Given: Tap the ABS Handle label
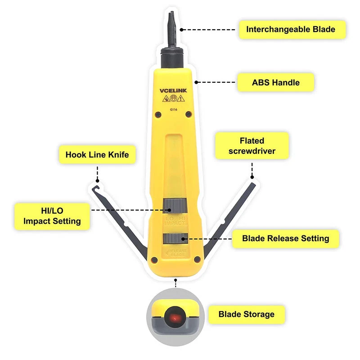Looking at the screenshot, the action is pyautogui.click(x=276, y=82).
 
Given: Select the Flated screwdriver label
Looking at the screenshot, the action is pyautogui.click(x=252, y=146).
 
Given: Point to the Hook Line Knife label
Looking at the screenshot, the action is pyautogui.click(x=97, y=154).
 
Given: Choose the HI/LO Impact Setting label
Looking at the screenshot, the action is pyautogui.click(x=52, y=216).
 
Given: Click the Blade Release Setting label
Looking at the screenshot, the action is pyautogui.click(x=286, y=238).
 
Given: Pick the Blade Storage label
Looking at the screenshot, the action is pyautogui.click(x=247, y=314).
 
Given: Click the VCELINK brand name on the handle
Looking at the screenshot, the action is pyautogui.click(x=173, y=91).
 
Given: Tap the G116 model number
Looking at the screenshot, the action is pyautogui.click(x=174, y=109).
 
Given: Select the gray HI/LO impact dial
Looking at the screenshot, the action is pyautogui.click(x=175, y=206).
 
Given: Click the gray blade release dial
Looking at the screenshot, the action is pyautogui.click(x=175, y=238).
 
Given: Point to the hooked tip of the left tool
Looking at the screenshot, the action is pyautogui.click(x=95, y=188).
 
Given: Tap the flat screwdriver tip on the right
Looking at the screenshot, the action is pyautogui.click(x=253, y=185).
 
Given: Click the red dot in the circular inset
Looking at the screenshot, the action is pyautogui.click(x=175, y=319).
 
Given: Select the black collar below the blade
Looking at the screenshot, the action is pyautogui.click(x=172, y=58).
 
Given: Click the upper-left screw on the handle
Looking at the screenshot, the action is pyautogui.click(x=158, y=114).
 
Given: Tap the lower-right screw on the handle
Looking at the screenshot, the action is pyautogui.click(x=197, y=260).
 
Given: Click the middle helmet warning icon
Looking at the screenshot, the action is pyautogui.click(x=174, y=99).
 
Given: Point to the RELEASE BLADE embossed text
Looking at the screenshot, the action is pyautogui.click(x=177, y=253).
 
